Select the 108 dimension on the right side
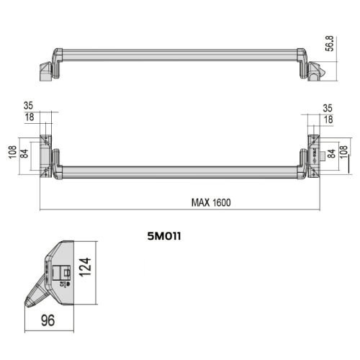[x=343, y=153]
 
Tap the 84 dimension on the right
[x=331, y=153]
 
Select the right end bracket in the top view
[x=316, y=71]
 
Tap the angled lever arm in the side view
[x=37, y=293]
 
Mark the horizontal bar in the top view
[x=180, y=55]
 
